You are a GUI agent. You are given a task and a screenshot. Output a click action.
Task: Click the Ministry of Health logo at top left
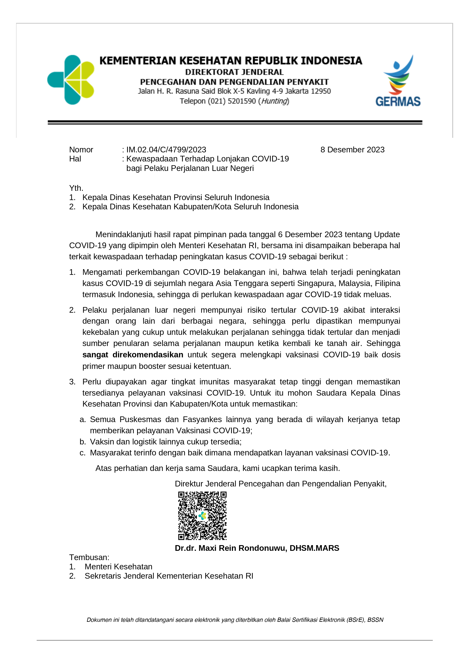click(x=71, y=80)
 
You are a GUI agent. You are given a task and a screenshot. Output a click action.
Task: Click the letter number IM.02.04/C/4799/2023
click(x=166, y=150)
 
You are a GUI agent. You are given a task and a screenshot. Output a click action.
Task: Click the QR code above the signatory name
click(x=202, y=516)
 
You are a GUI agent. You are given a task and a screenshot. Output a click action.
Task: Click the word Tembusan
click(x=89, y=557)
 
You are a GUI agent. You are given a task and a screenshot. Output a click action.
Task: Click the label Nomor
click(x=81, y=150)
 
